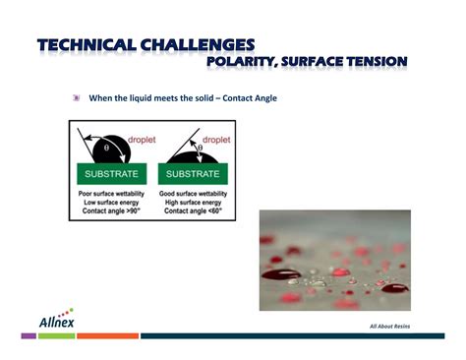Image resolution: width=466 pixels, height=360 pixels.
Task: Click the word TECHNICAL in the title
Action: coord(86,45)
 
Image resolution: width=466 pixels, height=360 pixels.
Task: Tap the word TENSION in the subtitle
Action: coord(372,63)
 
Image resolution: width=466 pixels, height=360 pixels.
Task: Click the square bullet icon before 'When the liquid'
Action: coord(77,98)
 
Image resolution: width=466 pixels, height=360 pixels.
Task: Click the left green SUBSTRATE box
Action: coord(110,174)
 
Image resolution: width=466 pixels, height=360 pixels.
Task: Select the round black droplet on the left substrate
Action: coord(113,150)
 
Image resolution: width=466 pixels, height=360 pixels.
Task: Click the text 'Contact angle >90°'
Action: coord(109,211)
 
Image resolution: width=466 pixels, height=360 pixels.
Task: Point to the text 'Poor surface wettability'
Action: coord(111,193)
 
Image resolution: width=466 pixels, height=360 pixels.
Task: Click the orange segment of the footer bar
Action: coord(107,336)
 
